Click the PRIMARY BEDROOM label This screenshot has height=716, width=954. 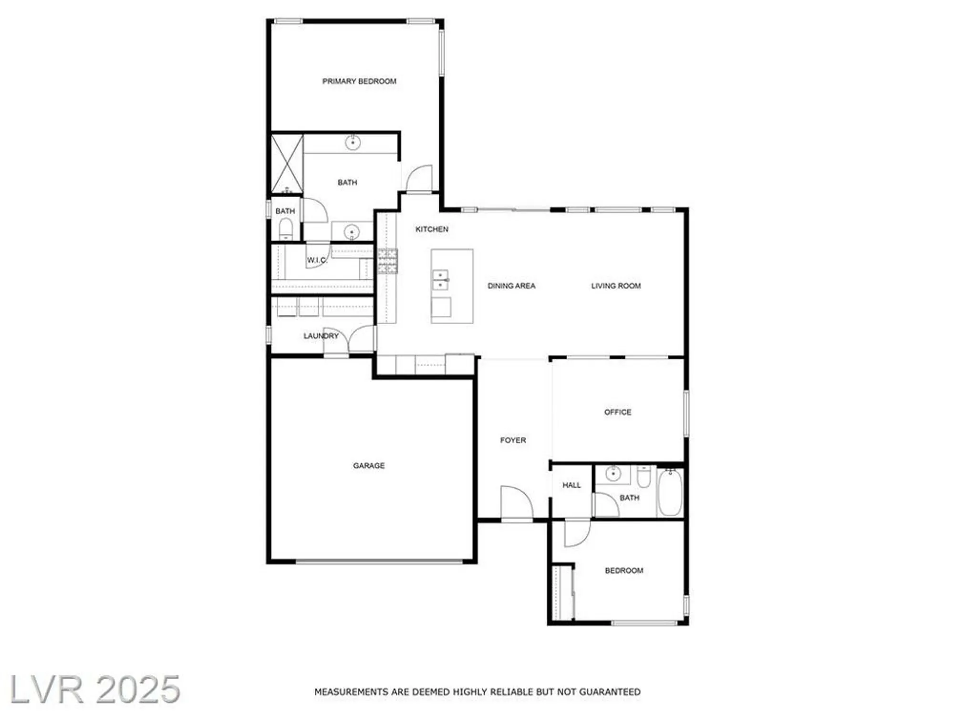[x=359, y=82]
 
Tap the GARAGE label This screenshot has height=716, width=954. [x=369, y=465]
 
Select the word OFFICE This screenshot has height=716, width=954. [x=618, y=412]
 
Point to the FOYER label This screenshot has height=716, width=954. [x=513, y=440]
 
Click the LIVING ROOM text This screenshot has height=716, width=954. [x=616, y=286]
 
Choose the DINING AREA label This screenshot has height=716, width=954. [x=511, y=286]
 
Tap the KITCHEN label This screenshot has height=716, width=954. [x=432, y=229]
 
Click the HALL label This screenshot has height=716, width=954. [x=571, y=485]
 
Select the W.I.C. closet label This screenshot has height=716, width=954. [x=317, y=260]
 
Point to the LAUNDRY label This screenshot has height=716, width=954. [x=321, y=336]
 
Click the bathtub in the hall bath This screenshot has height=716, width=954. [x=670, y=493]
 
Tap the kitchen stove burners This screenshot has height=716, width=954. [x=387, y=261]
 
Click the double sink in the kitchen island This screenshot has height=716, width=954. [x=440, y=280]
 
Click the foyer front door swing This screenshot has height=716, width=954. [x=516, y=502]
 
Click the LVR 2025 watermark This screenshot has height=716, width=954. [x=95, y=689]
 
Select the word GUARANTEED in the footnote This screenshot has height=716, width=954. [x=612, y=692]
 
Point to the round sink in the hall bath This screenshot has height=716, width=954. [x=612, y=474]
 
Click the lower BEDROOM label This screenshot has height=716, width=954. [x=624, y=570]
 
